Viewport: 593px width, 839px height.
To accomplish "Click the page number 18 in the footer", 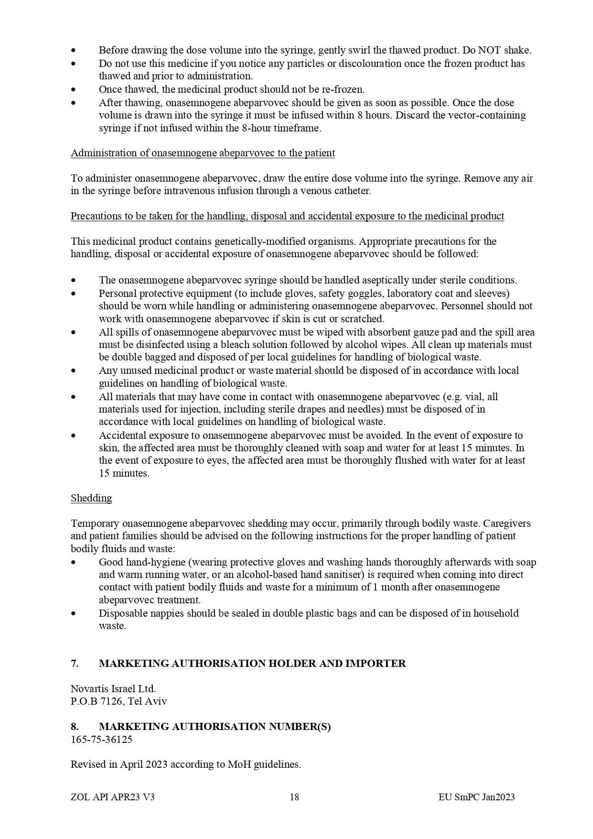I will coord(294,797).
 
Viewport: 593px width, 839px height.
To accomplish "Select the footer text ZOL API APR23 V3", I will coord(112,797).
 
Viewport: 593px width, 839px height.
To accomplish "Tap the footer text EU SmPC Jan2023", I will coord(476,797).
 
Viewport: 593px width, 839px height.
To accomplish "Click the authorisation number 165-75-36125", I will coord(101,739).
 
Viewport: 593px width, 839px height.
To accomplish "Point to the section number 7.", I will coord(75,664).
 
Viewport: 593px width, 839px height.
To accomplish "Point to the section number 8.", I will coord(75,727).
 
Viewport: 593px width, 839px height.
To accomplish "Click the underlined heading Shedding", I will coord(91,498).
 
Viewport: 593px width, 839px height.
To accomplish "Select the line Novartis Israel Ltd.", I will coord(113,689).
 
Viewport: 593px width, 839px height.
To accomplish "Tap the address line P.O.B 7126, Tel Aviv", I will coord(119,701).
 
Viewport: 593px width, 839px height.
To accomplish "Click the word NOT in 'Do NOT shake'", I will coord(489,50).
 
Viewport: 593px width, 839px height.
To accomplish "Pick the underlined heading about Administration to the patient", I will coord(203,153).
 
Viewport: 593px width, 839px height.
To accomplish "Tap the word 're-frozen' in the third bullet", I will coord(344,89).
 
